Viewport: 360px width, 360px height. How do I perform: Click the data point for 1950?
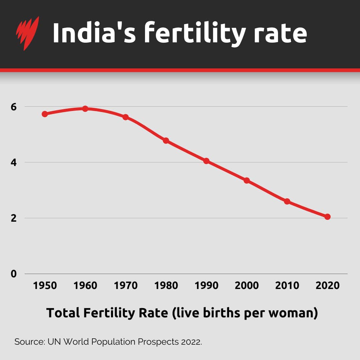[x=45, y=114]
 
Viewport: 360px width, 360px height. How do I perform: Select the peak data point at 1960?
[x=85, y=109]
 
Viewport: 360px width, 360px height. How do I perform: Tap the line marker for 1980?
[x=166, y=141]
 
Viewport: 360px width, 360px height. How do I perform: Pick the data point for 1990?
[x=206, y=161]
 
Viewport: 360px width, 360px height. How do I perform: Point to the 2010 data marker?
[x=287, y=201]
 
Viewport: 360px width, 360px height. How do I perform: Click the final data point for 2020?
[x=327, y=217]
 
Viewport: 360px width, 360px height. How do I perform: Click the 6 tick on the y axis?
[x=13, y=107]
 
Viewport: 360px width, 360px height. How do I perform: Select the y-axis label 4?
[x=13, y=163]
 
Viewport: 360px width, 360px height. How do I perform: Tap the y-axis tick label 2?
[x=13, y=218]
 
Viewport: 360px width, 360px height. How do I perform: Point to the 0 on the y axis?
[x=13, y=274]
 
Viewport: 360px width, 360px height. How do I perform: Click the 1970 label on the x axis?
[x=126, y=286]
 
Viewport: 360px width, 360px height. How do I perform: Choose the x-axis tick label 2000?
[x=247, y=286]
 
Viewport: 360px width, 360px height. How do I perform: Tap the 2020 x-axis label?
[x=327, y=286]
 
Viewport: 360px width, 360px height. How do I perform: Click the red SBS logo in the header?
[x=27, y=33]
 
